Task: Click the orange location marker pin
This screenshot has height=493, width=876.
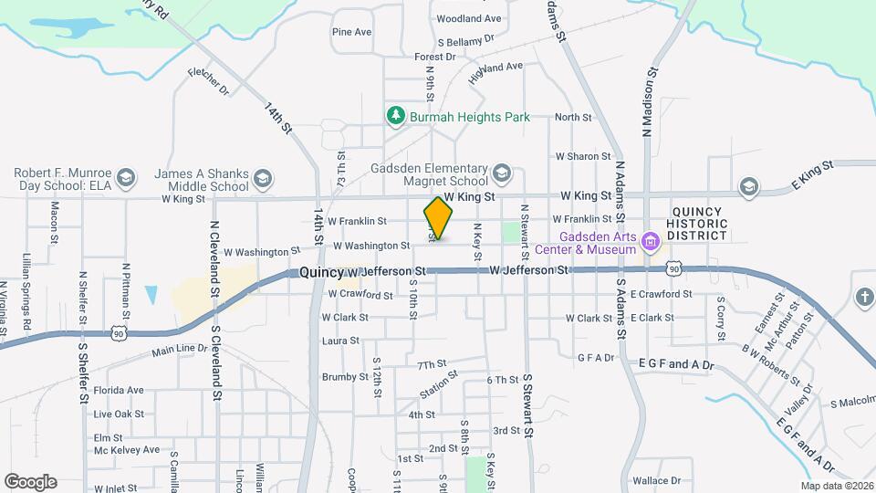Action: [438, 218]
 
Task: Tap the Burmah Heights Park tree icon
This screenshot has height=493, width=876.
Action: [395, 116]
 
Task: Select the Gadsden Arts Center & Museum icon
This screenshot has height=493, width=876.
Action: [650, 242]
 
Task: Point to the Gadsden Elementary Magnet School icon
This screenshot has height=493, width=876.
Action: [501, 173]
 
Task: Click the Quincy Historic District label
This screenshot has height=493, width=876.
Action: [698, 223]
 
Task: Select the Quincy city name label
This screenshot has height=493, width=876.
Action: [321, 272]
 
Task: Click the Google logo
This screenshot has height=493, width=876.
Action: [30, 481]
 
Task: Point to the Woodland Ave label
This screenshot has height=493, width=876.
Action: [469, 18]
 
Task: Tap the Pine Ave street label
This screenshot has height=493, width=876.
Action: [351, 32]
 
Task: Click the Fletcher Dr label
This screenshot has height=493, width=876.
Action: [209, 80]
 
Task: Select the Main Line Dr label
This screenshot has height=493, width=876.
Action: [180, 350]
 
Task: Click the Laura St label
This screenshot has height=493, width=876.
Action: [340, 341]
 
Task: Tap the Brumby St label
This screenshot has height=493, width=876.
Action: [344, 377]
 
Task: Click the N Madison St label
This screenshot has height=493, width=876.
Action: [651, 101]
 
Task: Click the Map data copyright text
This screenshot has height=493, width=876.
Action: [836, 486]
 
